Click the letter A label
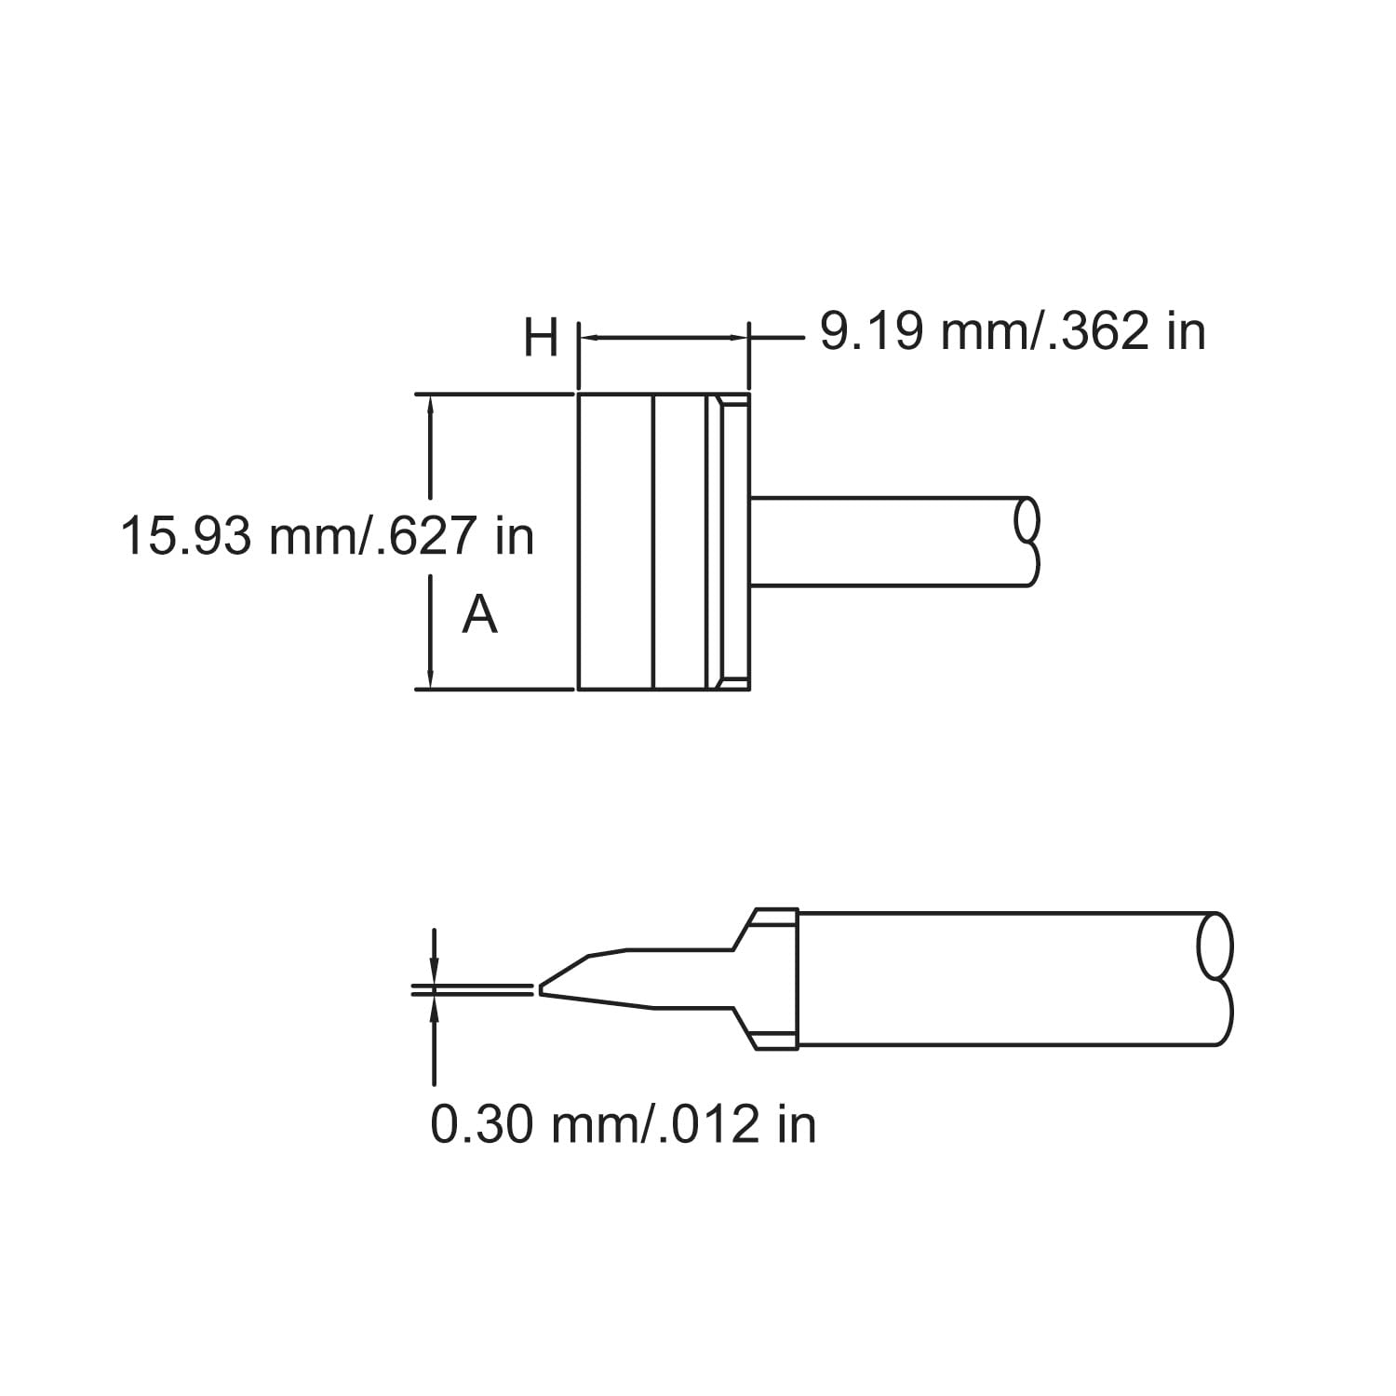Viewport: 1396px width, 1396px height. [x=480, y=615]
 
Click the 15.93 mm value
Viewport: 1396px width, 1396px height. [x=237, y=537]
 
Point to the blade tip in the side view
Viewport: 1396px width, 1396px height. [x=541, y=989]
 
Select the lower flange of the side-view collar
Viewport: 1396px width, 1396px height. [x=772, y=1040]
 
